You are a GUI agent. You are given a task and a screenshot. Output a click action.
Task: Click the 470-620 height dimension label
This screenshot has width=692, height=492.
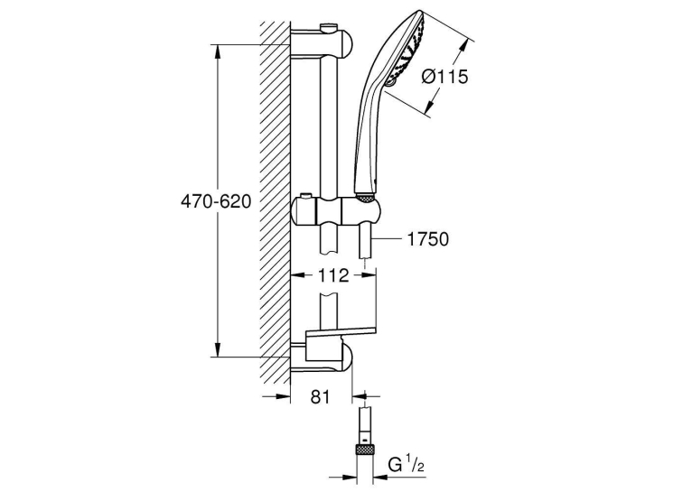pos(216,201)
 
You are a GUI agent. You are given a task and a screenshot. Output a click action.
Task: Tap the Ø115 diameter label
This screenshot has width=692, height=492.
pos(444,77)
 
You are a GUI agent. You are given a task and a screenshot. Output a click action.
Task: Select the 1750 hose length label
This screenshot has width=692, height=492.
pos(427,239)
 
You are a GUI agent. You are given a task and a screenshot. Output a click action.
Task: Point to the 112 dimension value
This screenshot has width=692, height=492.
pos(332,275)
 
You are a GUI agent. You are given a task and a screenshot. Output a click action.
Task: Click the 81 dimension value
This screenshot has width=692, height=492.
pos(321,397)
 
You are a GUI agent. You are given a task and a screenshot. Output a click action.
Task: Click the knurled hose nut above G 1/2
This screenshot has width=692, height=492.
pos(365,450)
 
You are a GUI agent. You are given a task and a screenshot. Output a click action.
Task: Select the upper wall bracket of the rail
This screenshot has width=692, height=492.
pos(322,42)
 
